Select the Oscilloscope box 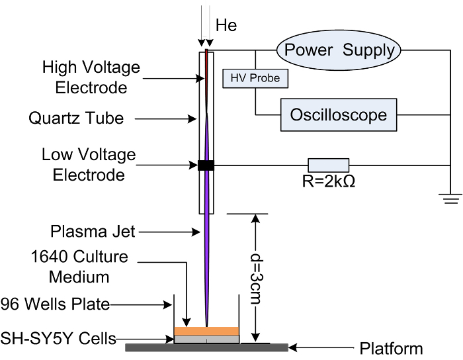[339, 115]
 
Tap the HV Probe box [255, 79]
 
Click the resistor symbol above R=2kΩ [329, 165]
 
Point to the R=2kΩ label [328, 181]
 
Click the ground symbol [450, 199]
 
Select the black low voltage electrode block [206, 165]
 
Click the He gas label [226, 25]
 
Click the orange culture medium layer [206, 331]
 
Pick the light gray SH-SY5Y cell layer [206, 339]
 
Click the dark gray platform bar [206, 347]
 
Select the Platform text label [391, 349]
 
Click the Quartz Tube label [76, 118]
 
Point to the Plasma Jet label [93, 232]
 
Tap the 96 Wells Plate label [55, 304]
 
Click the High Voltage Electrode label [91, 77]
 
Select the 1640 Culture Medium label [79, 267]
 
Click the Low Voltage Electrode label [89, 165]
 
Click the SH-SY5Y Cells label [58, 338]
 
